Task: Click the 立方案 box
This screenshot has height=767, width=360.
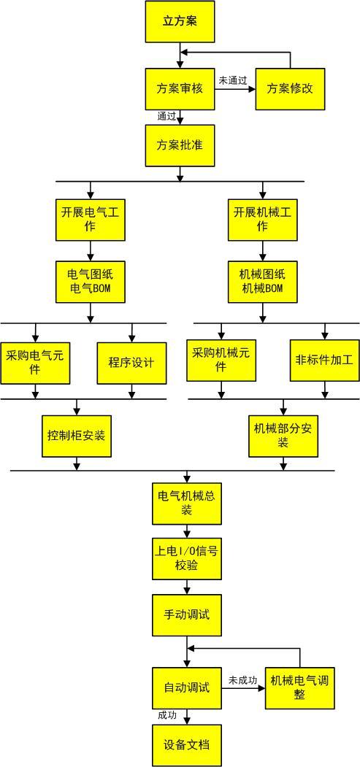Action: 180,21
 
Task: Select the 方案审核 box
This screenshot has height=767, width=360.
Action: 180,89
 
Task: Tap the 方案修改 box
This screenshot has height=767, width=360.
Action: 289,89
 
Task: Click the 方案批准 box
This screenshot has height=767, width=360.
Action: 180,144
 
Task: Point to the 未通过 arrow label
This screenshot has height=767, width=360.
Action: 233,79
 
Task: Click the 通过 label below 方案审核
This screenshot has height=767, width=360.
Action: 166,116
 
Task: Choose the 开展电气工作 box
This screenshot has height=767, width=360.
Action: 91,219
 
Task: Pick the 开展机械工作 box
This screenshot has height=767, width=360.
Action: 262,219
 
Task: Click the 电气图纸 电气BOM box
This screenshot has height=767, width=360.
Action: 91,282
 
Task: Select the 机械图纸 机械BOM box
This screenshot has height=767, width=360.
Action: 262,282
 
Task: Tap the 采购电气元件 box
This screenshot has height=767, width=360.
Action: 36,362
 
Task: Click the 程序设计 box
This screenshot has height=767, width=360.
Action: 131,362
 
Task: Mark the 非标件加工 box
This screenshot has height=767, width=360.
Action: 324,361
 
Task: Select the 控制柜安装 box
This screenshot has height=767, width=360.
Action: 77,436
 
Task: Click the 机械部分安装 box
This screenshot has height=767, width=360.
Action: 283,436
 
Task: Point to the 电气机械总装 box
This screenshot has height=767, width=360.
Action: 186,503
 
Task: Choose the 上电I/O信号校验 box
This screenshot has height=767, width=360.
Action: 186,558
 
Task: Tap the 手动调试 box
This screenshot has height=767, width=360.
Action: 186,614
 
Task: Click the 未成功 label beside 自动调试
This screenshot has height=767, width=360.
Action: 242,680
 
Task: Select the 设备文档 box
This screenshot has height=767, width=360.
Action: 186,744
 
